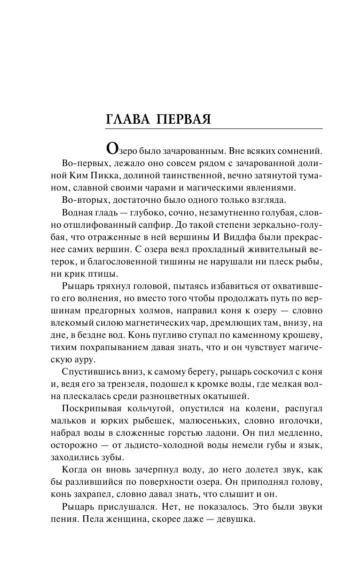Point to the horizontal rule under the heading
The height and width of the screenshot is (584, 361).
[214, 129]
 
